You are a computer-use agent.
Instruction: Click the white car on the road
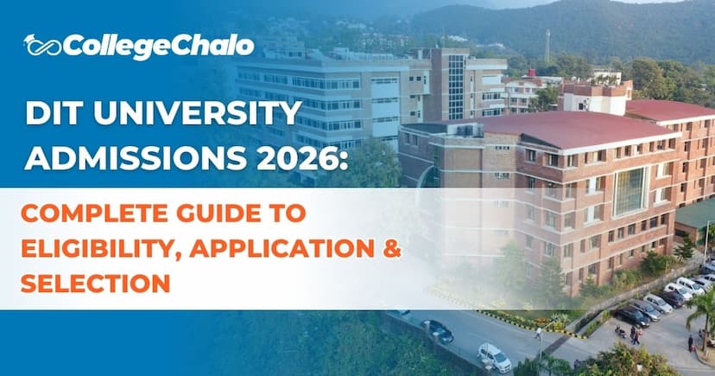tap(495, 356)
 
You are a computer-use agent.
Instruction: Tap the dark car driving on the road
tap(437, 330)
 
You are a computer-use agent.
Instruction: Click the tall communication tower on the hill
tap(547, 45)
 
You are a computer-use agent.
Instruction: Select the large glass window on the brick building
tap(630, 191)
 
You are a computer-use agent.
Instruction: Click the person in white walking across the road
tap(538, 331)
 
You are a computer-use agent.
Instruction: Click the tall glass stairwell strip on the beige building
tap(456, 86)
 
